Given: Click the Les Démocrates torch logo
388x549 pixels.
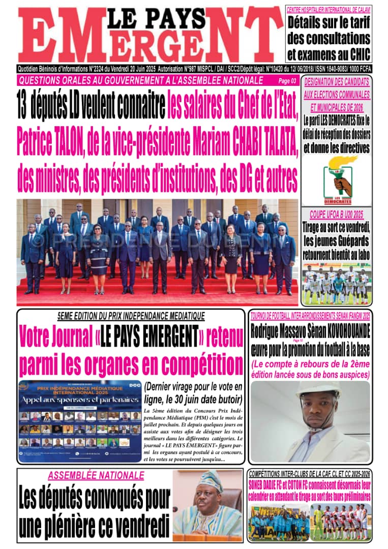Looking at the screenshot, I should coord(336,175).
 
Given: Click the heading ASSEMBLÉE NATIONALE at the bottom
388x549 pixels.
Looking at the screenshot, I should coord(96,475).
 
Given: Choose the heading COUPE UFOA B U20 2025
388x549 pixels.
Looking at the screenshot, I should coord(336,215).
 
